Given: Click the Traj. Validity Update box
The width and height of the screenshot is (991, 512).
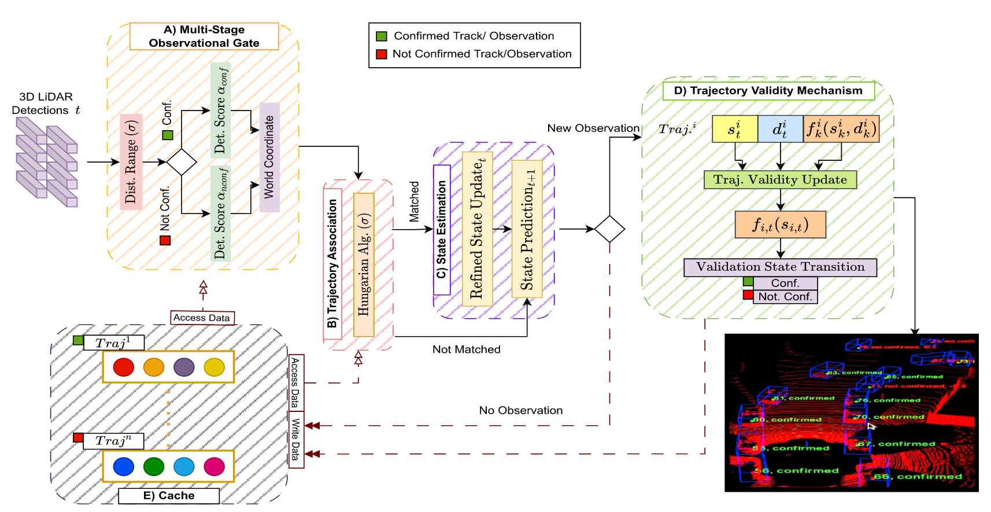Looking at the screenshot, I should (780, 180).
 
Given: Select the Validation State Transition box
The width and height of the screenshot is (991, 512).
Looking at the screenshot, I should (780, 267).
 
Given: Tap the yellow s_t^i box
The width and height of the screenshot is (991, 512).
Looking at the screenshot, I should (734, 128).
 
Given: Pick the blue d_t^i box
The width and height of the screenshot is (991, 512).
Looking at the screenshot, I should (780, 128).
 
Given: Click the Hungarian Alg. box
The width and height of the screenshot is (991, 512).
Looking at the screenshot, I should (364, 264).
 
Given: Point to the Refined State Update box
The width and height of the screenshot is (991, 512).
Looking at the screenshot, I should (477, 229).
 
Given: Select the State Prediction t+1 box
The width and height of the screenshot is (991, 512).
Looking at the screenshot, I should (527, 229).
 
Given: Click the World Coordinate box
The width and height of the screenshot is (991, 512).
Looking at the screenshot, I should (269, 157).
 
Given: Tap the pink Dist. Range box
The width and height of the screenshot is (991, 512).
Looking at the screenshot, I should (131, 161).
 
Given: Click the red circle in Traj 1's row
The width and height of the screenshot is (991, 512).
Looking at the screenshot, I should (124, 367).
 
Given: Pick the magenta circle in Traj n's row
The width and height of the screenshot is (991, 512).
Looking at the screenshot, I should (214, 466).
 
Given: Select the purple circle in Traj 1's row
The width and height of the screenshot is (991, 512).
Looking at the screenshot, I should (184, 367).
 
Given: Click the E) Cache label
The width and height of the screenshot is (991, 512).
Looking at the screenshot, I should (169, 496).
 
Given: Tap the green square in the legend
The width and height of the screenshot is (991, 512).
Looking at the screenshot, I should (382, 36).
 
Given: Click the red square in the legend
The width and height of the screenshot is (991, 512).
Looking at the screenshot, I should (382, 54).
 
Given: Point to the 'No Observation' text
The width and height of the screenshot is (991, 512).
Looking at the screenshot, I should (520, 410).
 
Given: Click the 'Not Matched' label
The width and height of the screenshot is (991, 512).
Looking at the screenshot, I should (466, 349).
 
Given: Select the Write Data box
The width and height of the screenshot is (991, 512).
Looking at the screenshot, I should (296, 440).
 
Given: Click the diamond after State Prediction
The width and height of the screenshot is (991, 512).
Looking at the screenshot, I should (609, 229).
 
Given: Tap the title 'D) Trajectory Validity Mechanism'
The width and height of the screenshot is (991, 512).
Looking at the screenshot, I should (768, 91).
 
